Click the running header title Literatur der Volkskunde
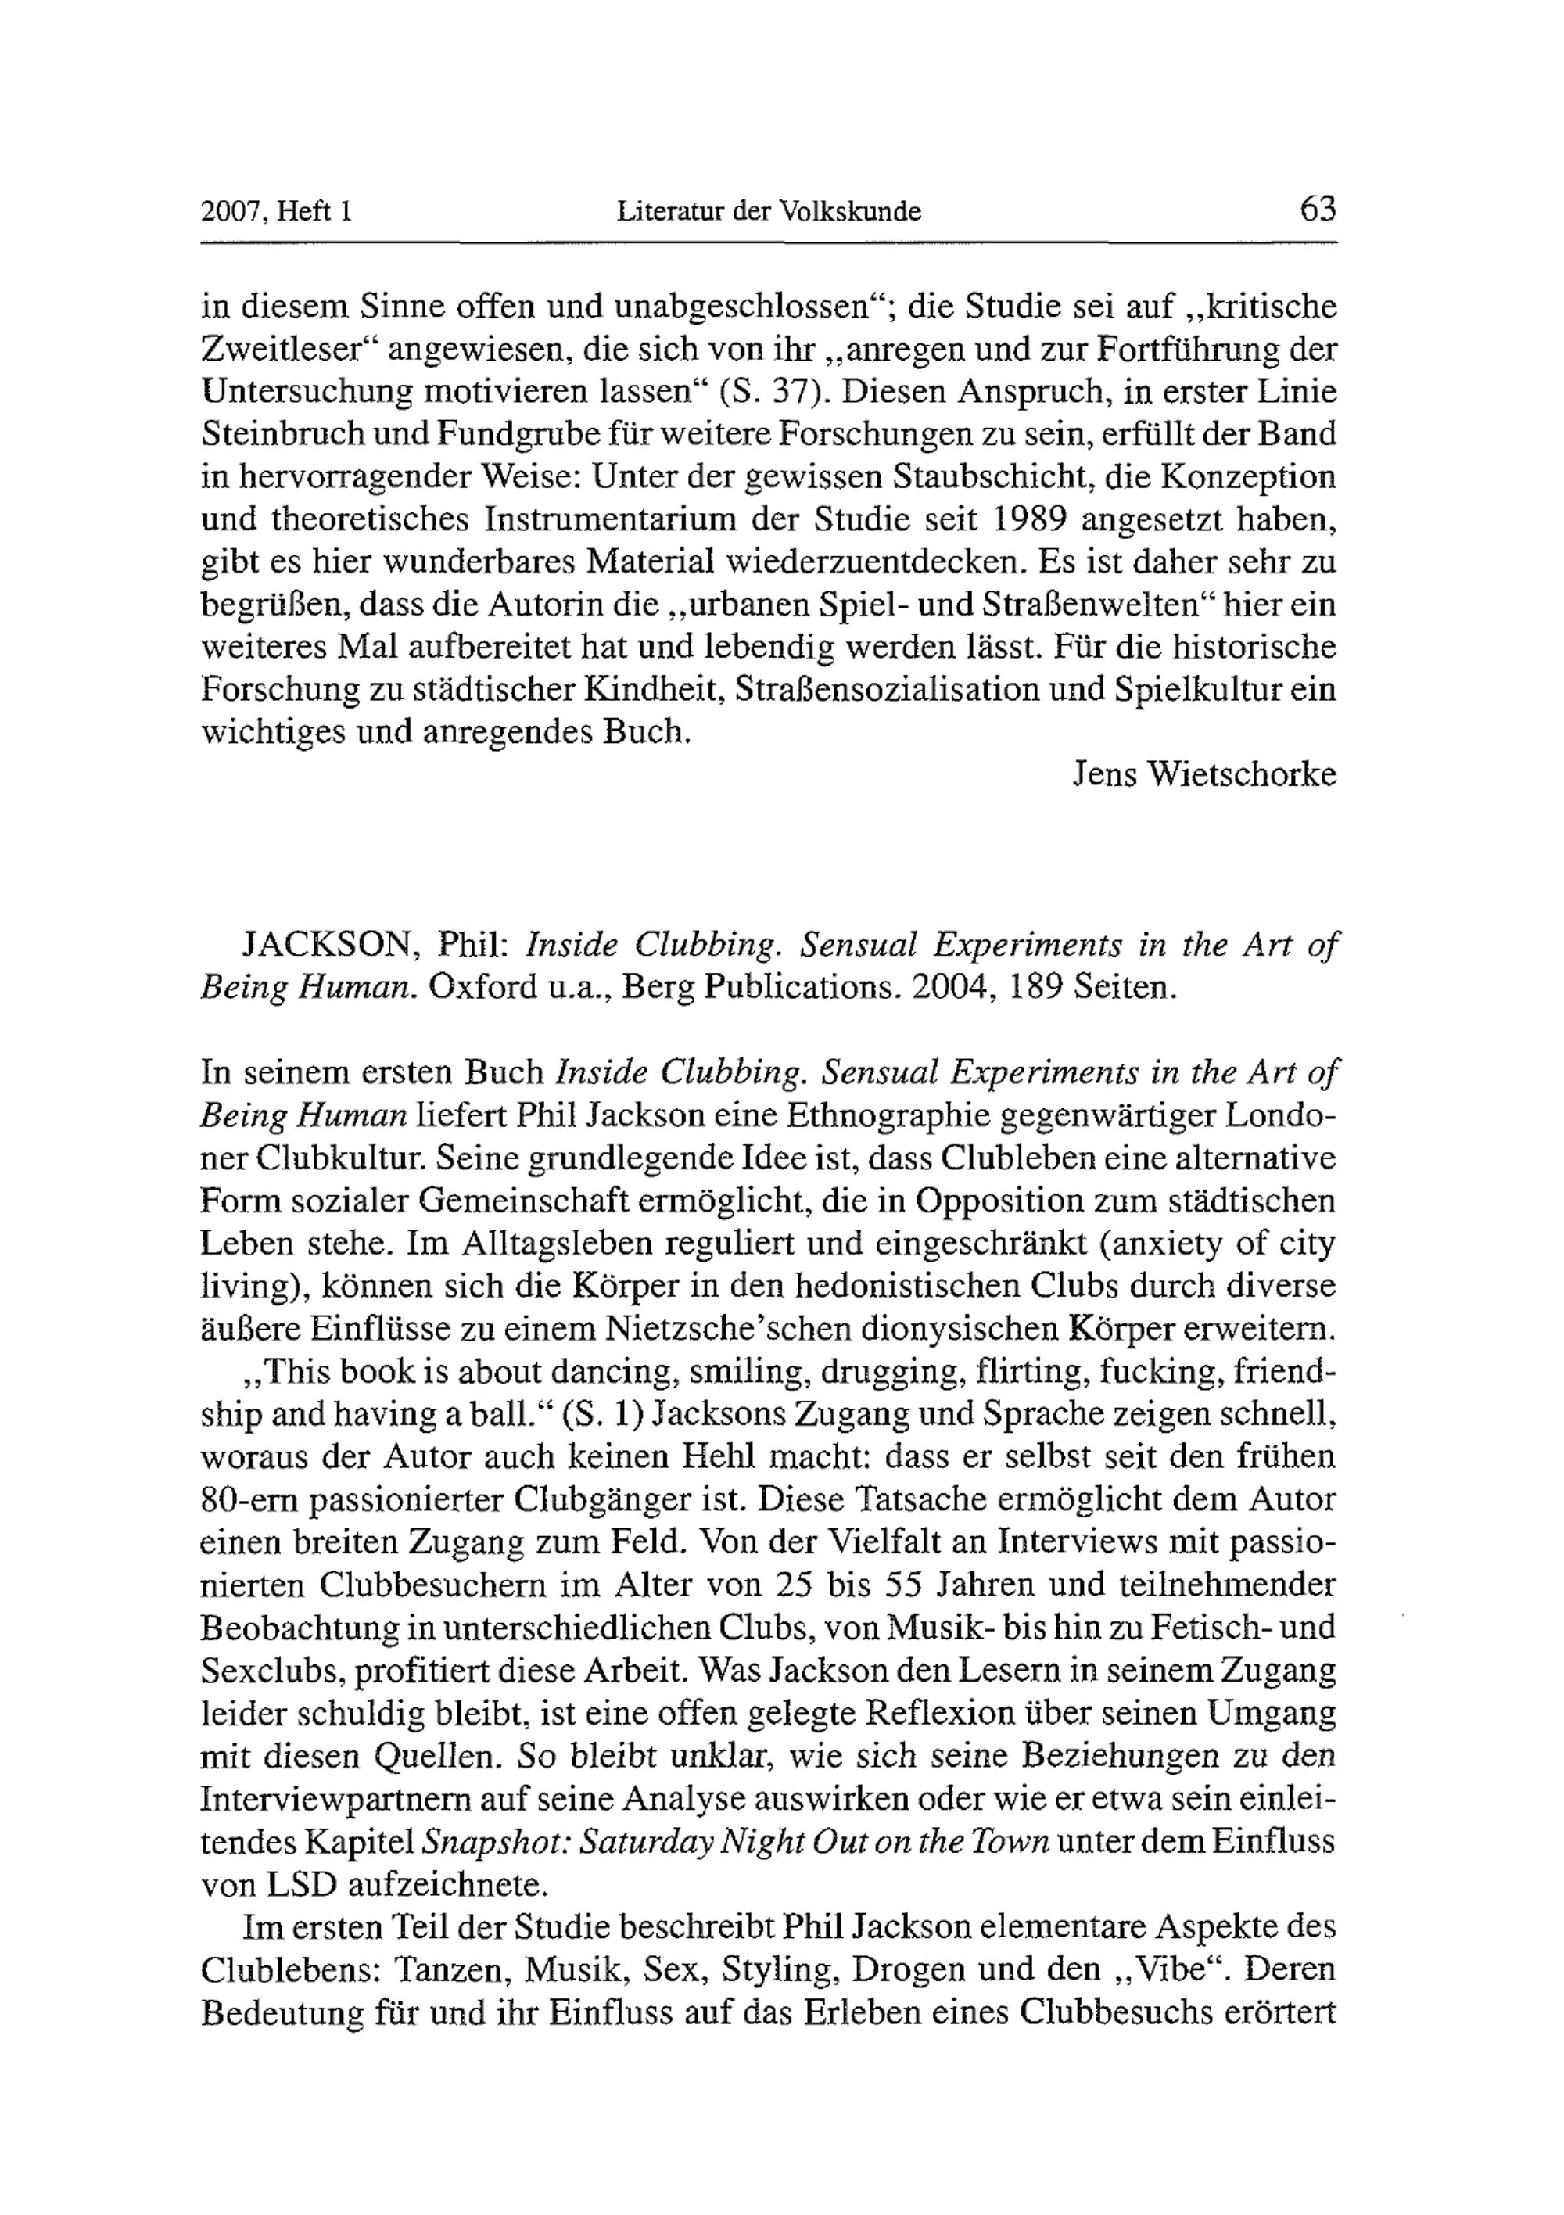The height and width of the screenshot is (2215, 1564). (769, 210)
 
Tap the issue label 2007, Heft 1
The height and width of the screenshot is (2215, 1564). (277, 210)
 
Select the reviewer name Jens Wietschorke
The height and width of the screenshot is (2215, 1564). (1205, 774)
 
